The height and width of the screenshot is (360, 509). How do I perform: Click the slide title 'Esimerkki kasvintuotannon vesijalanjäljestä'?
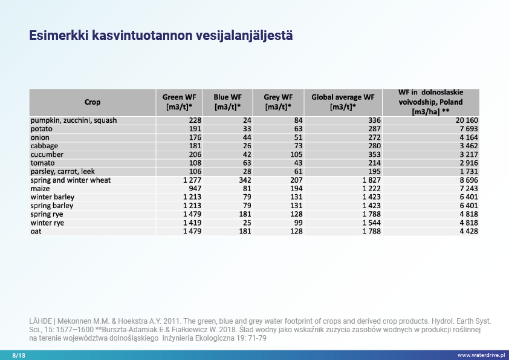(x=161, y=36)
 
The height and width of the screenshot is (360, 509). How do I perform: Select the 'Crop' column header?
(x=92, y=102)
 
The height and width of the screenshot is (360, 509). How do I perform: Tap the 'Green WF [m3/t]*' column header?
(x=179, y=102)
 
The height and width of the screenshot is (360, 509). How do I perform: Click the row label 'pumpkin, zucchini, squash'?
(x=74, y=120)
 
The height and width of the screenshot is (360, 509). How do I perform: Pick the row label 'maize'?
(x=41, y=189)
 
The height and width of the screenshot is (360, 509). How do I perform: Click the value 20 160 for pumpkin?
(x=466, y=120)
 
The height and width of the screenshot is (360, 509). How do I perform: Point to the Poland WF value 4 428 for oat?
(x=468, y=231)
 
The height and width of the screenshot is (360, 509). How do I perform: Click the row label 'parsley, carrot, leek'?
(x=63, y=172)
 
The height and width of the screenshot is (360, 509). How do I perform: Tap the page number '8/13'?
(x=19, y=355)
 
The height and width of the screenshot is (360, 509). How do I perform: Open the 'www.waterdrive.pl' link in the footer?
(x=481, y=355)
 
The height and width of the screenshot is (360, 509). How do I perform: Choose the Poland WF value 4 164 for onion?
(x=468, y=137)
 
